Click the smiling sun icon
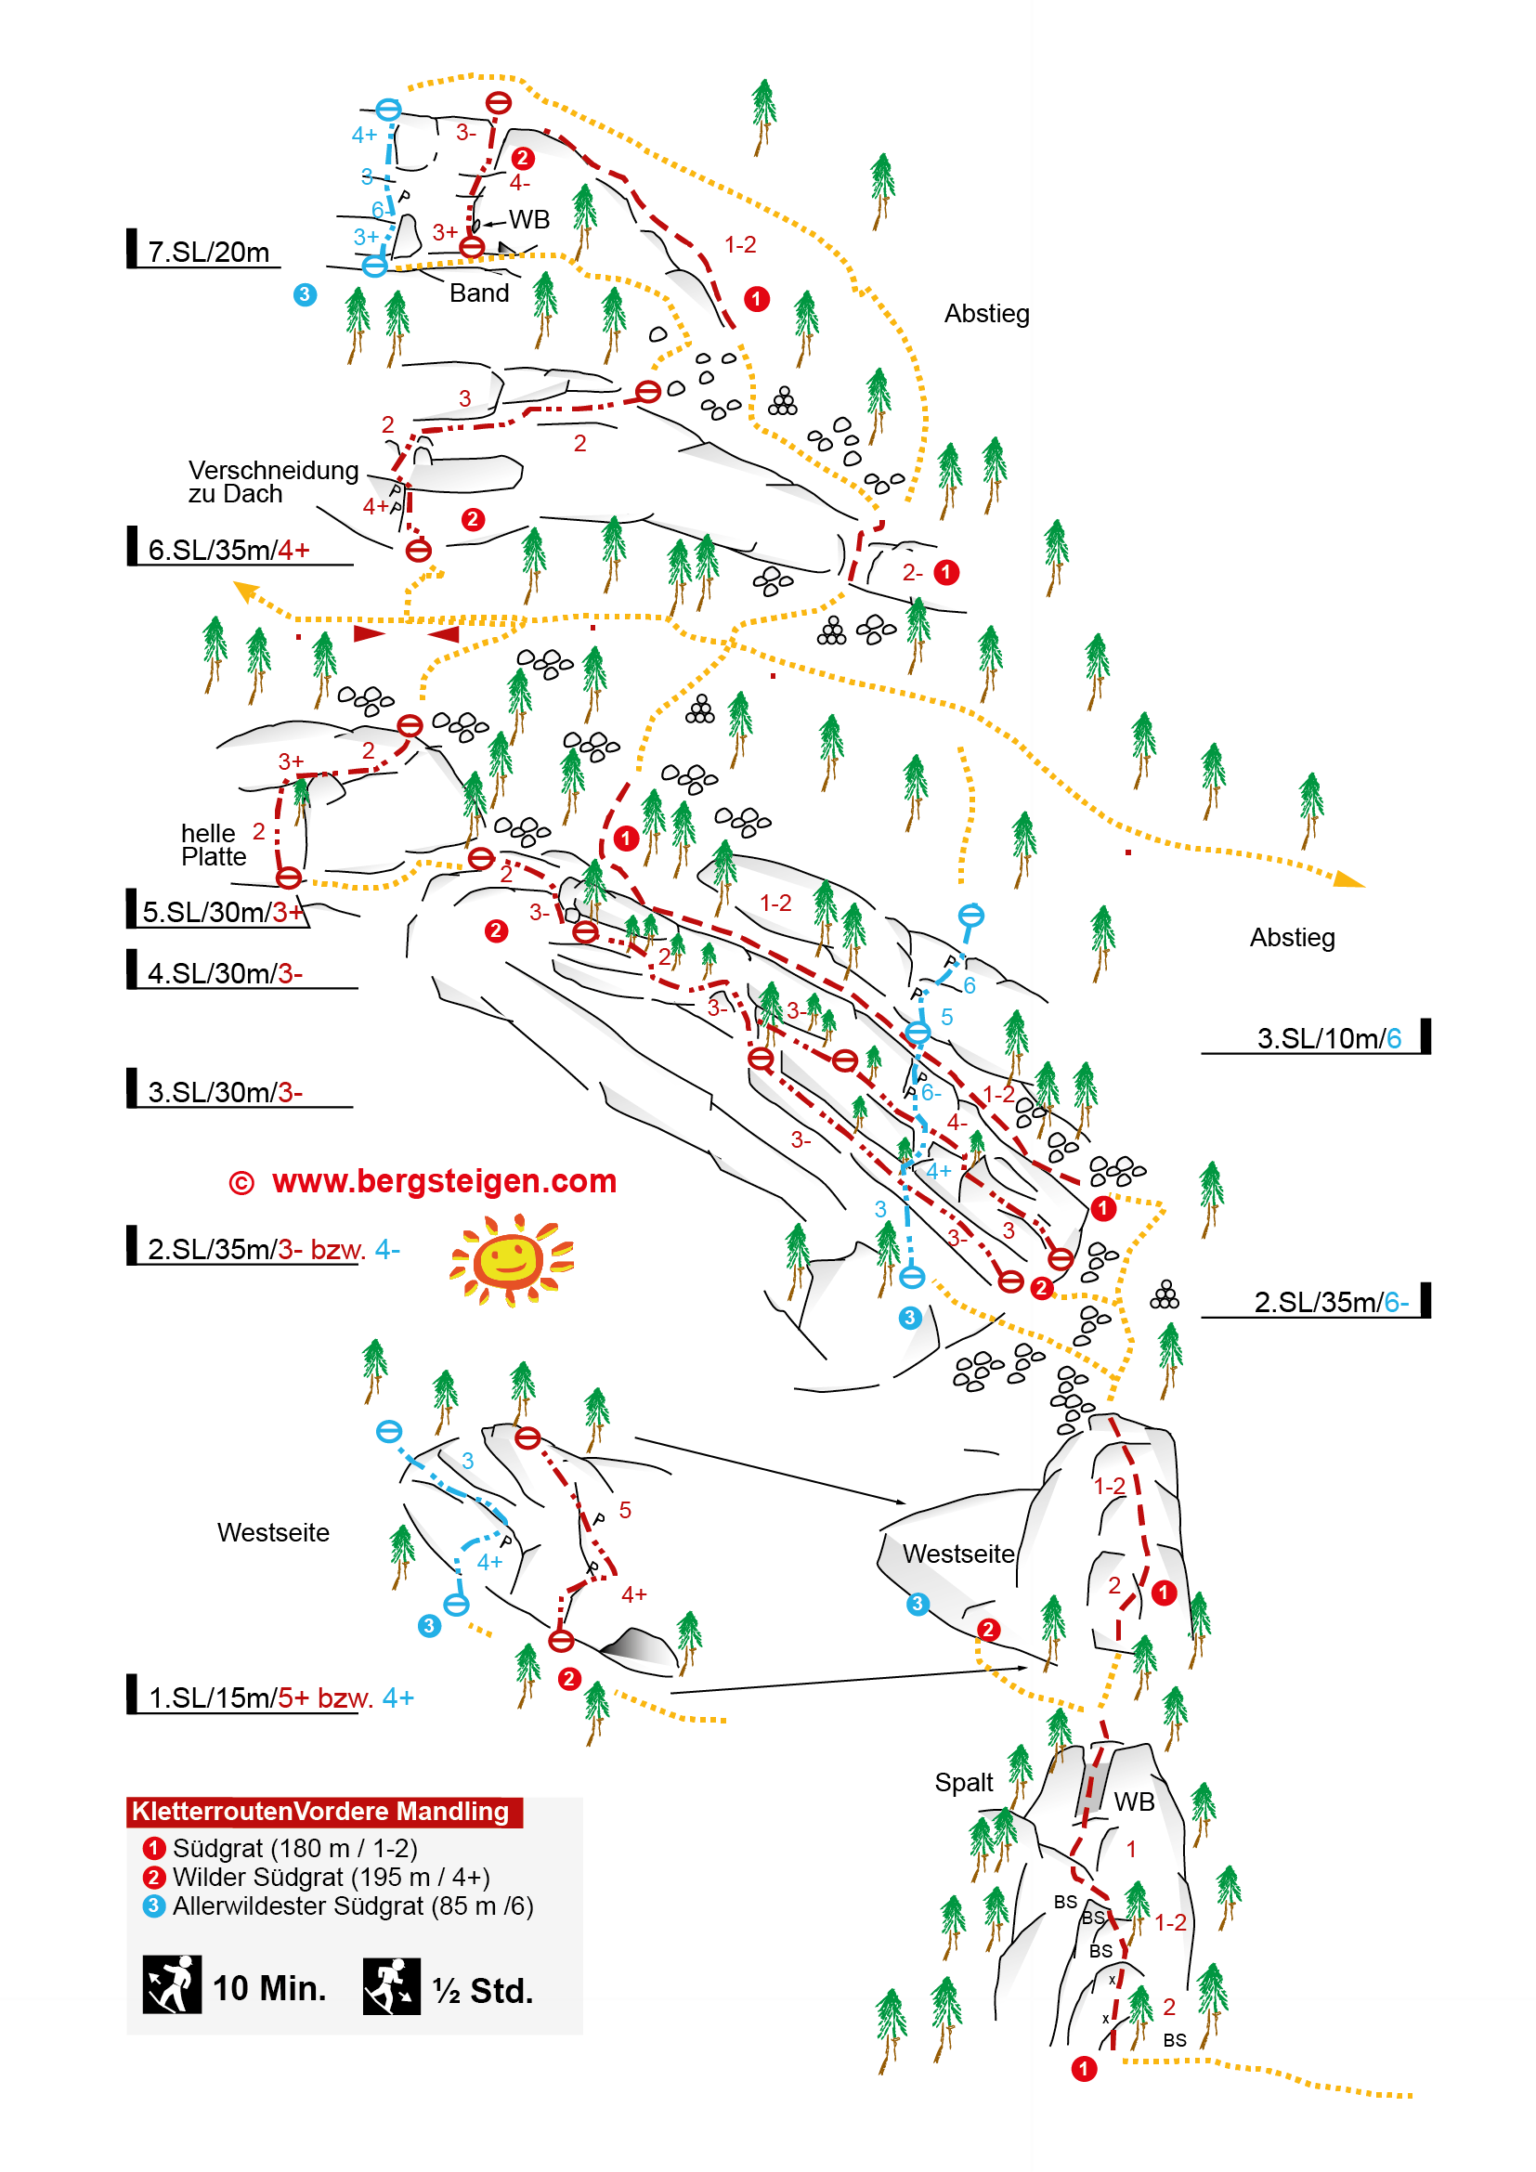pos(512,1260)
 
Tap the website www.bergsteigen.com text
pos(444,1181)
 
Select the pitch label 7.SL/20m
pos(209,253)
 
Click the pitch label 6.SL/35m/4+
pos(228,550)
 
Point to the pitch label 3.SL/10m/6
pos(1328,1039)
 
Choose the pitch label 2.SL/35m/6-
pos(1331,1303)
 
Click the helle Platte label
pos(214,845)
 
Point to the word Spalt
pos(963,1782)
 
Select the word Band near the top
pos(478,293)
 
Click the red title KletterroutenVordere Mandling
pos(320,1812)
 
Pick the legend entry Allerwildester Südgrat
pos(352,1906)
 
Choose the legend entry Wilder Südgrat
pos(330,1877)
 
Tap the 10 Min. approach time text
pos(269,1988)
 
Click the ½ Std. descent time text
pos(482,1990)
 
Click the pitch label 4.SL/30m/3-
pos(225,973)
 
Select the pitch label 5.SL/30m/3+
pos(223,912)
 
